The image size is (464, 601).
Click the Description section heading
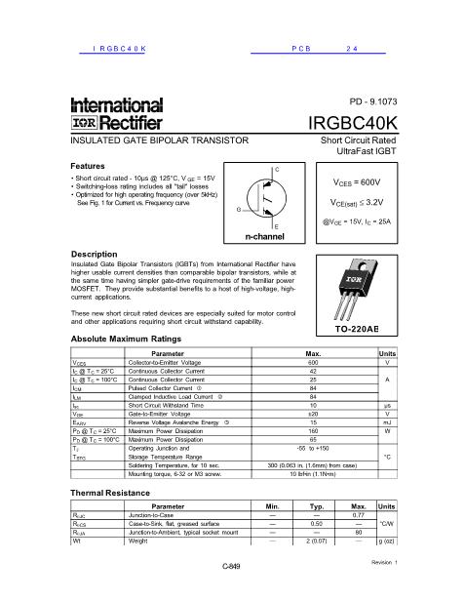[95, 253]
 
